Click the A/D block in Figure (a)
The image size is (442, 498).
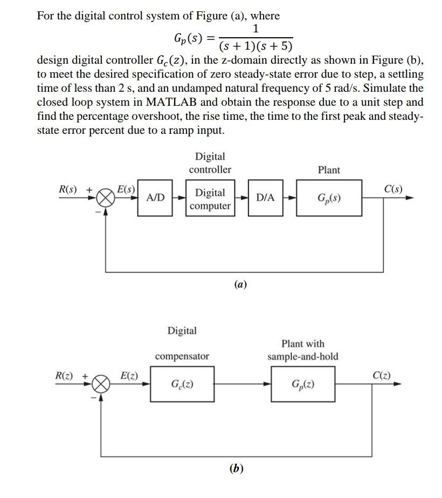[155, 198]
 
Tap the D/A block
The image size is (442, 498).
[265, 198]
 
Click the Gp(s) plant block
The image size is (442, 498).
[329, 198]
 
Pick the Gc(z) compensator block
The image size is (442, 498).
[182, 384]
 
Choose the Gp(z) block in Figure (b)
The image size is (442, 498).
[303, 384]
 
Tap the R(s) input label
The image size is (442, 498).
[68, 189]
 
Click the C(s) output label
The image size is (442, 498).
[392, 189]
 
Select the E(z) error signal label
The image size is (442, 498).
[128, 375]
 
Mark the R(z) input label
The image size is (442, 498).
[65, 375]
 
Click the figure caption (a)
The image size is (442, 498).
[240, 284]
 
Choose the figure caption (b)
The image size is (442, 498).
[236, 468]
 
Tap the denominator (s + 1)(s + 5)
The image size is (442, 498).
[255, 45]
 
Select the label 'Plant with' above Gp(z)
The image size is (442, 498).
[303, 344]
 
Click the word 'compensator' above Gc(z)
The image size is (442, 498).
[182, 356]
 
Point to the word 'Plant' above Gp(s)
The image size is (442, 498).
[329, 170]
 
